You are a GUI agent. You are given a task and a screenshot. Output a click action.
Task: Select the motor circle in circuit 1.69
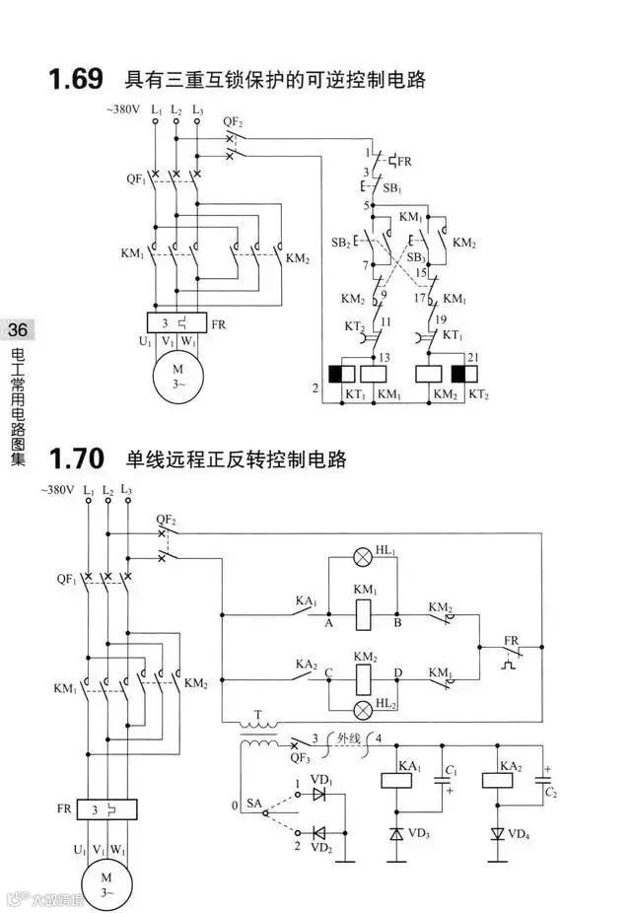[x=176, y=376]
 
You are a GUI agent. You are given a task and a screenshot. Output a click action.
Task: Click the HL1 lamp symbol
[x=364, y=558]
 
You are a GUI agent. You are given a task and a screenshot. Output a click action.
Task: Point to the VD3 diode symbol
[x=396, y=833]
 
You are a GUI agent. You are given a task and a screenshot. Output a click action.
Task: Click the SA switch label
[x=254, y=806]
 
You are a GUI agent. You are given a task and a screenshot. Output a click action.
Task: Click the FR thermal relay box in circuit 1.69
[x=176, y=322]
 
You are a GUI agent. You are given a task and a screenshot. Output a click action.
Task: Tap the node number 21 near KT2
[x=472, y=358]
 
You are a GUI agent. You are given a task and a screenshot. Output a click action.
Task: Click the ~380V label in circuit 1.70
[x=57, y=489]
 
